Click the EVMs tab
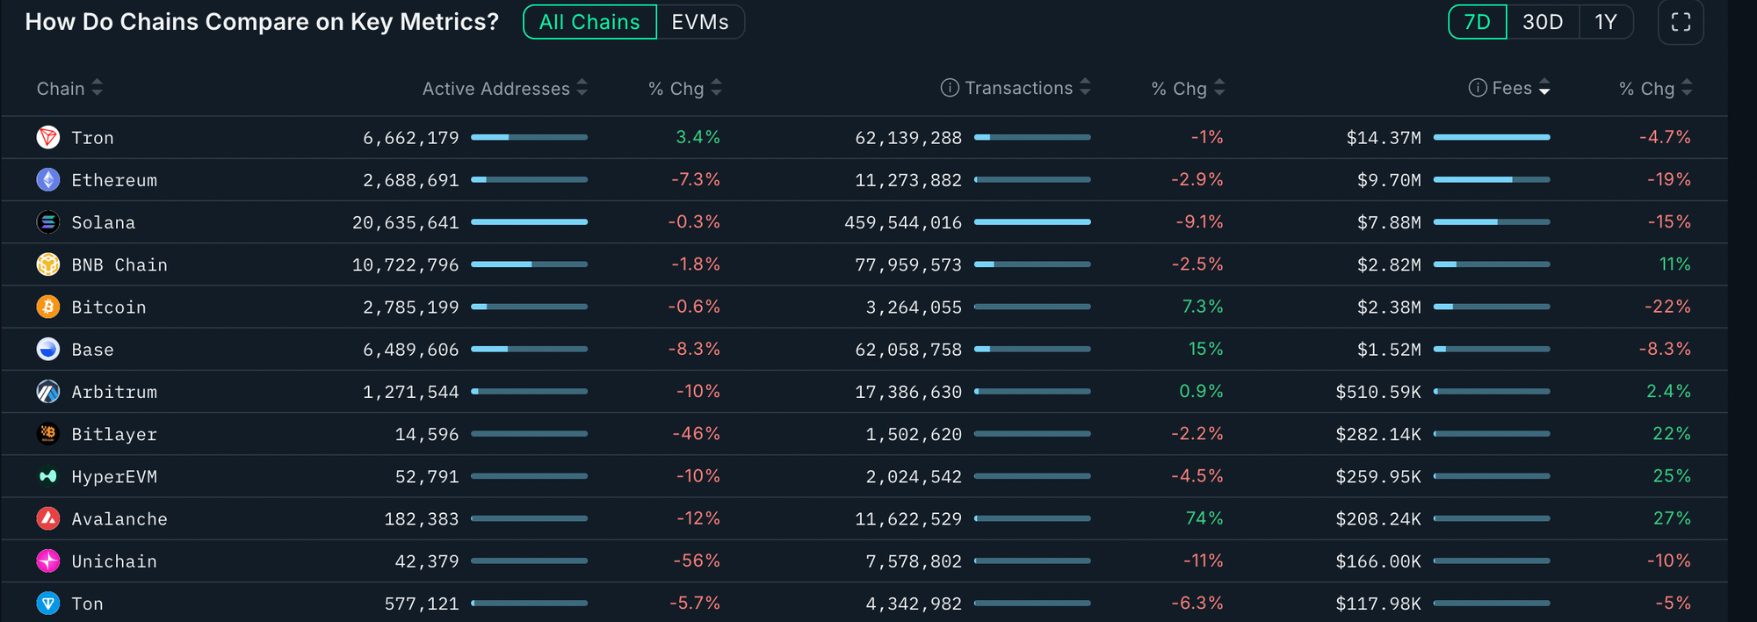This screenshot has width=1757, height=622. [x=699, y=22]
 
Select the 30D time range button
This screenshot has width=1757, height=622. [x=1543, y=22]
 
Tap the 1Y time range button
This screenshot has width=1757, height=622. [x=1606, y=22]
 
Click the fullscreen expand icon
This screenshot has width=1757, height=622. [x=1681, y=22]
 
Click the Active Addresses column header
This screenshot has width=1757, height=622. [x=496, y=89]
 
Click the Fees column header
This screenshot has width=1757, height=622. [x=1511, y=88]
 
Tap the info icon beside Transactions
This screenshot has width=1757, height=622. [x=950, y=88]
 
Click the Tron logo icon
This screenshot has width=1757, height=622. [x=48, y=137]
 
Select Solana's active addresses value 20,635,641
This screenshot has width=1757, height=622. [x=406, y=222]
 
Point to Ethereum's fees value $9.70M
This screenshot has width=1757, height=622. [x=1389, y=180]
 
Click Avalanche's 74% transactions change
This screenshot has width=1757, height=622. [x=1204, y=518]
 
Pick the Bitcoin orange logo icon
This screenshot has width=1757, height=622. [x=48, y=307]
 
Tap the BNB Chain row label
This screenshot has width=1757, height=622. [x=119, y=264]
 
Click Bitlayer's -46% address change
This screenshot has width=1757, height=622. [x=696, y=434]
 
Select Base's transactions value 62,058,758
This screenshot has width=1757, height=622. [x=908, y=350]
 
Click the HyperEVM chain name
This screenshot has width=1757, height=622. [x=114, y=476]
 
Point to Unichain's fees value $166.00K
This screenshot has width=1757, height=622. [x=1377, y=561]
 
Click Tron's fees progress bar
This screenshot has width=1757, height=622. [x=1491, y=137]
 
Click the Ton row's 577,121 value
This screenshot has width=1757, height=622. [x=422, y=604]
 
